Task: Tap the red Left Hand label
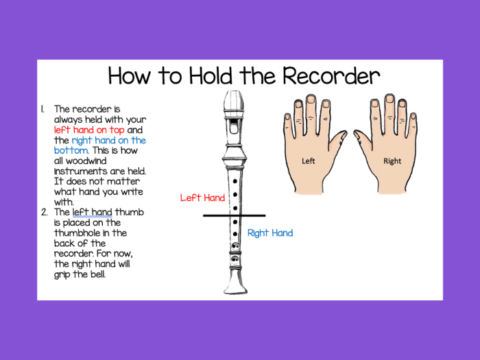tap(202, 197)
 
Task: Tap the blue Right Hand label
tap(270, 233)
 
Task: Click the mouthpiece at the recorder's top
tap(235, 103)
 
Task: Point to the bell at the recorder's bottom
tap(235, 285)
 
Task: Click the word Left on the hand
tap(309, 161)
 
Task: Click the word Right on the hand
tap(392, 161)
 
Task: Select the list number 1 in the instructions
tap(43, 109)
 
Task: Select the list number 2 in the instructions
tap(43, 212)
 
